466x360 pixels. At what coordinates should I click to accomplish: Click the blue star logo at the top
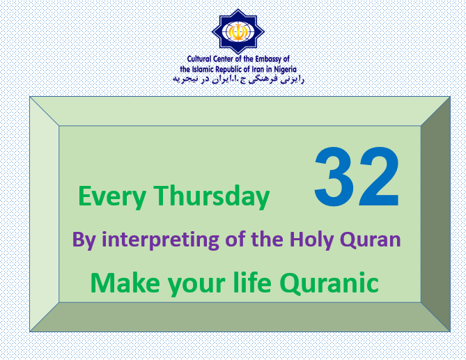click(x=238, y=32)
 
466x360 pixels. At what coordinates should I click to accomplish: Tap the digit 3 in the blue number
click(x=334, y=177)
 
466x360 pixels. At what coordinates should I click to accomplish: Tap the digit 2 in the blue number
click(x=379, y=176)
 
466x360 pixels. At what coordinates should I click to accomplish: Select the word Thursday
click(x=212, y=196)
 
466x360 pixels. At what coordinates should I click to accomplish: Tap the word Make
click(x=125, y=283)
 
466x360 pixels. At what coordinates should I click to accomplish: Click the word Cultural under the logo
click(x=199, y=59)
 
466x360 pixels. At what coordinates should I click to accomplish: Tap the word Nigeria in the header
click(x=285, y=70)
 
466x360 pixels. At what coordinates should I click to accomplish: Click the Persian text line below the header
click(x=238, y=79)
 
